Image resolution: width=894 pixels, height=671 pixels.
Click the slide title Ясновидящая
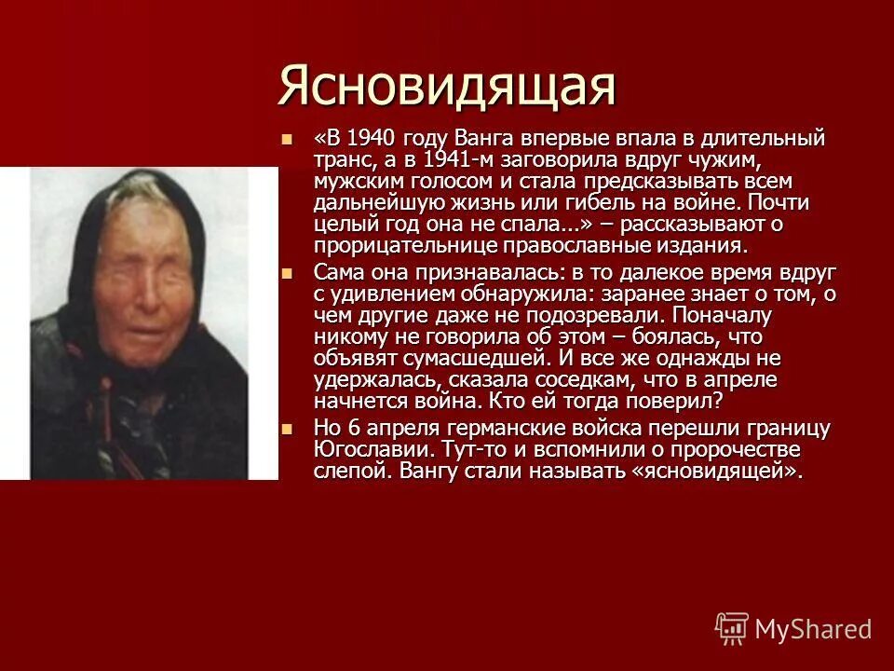coord(448,86)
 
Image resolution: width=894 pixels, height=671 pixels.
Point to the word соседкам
coord(574,379)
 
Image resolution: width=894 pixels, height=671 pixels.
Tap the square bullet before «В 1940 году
coord(287,140)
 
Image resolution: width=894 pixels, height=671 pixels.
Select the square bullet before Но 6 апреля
coord(287,428)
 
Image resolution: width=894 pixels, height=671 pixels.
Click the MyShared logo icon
coord(732,628)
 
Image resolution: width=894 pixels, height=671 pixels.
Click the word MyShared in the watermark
coord(813,629)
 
